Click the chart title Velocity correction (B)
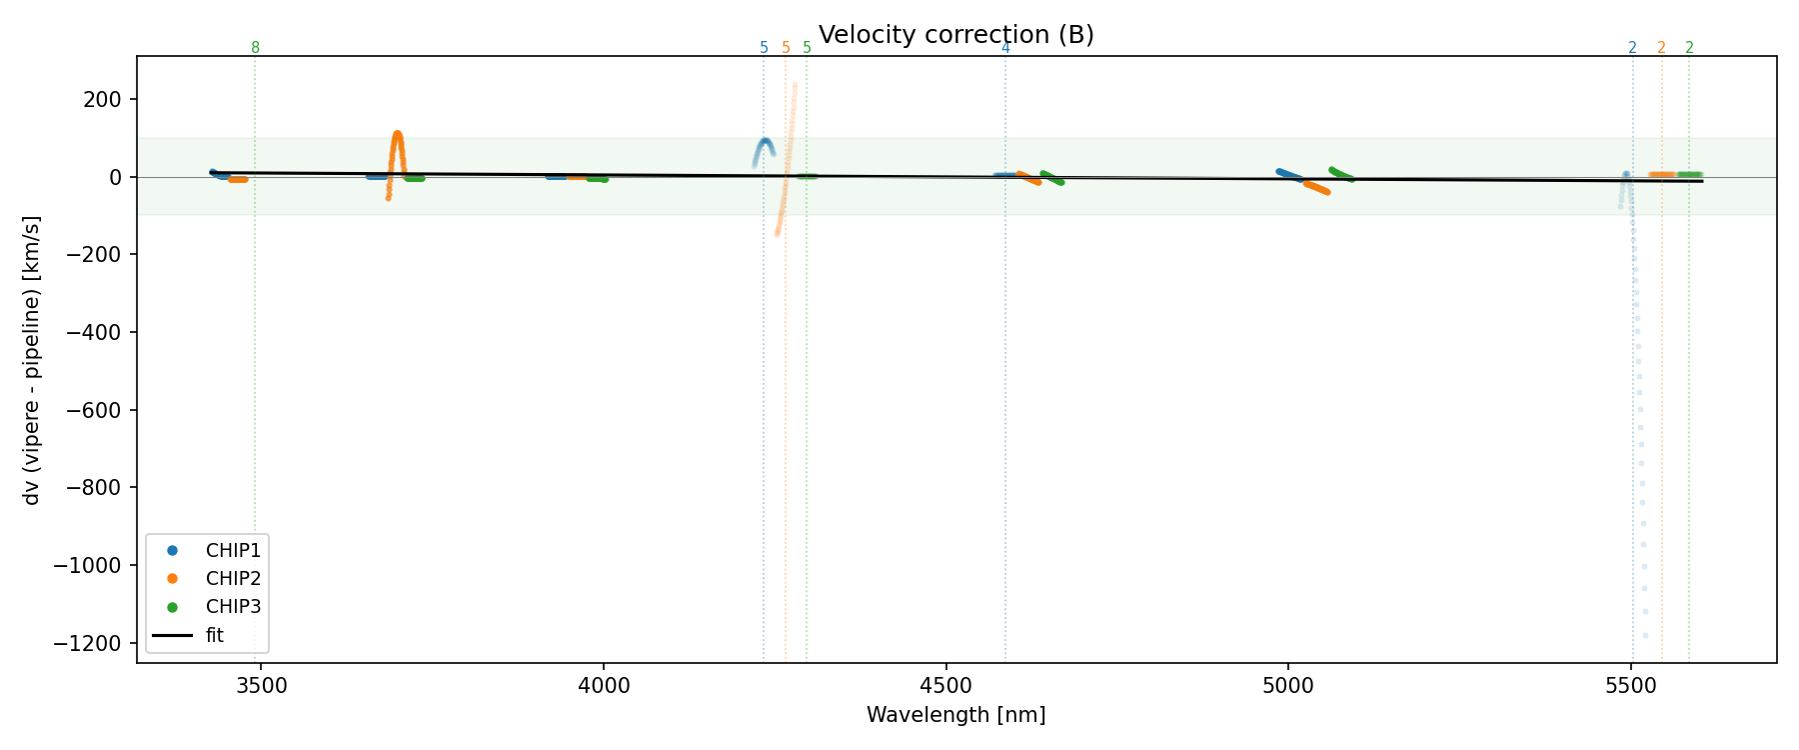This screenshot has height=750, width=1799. pos(955,35)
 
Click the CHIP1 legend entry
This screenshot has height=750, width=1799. pos(233,550)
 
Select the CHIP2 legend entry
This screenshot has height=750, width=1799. pos(233,578)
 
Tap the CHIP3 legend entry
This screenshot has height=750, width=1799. pos(233,606)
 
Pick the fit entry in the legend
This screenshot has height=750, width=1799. pos(214,635)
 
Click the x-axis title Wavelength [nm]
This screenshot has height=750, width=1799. pos(955,715)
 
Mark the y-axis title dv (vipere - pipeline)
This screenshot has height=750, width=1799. pos(32,360)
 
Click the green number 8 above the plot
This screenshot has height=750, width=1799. pos(255,48)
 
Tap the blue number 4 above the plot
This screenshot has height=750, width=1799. pos(1005,48)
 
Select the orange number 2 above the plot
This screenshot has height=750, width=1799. pos(1661,48)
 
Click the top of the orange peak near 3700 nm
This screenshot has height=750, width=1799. pos(398,133)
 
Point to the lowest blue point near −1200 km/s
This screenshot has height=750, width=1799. pos(1645,635)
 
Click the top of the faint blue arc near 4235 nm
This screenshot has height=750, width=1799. pos(765,141)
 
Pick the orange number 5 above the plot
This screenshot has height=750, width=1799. pos(786,48)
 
